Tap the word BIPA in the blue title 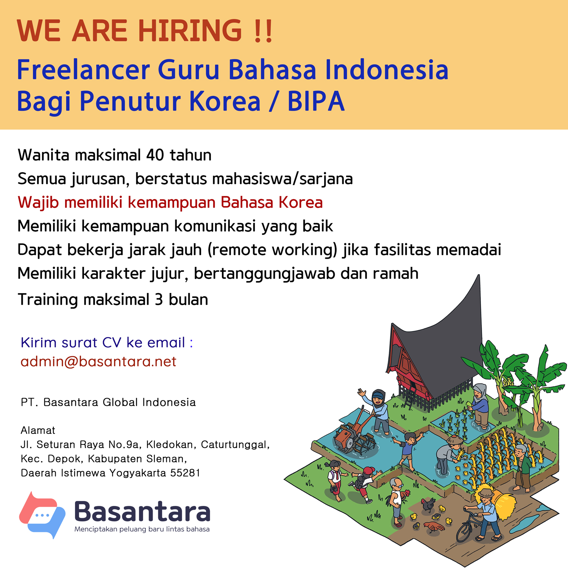(316, 101)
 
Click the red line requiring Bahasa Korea (170, 203)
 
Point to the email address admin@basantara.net (98, 362)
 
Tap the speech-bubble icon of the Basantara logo (42, 515)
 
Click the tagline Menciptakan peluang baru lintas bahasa (142, 529)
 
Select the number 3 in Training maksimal (159, 300)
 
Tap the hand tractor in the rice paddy (354, 432)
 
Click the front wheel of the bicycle (464, 532)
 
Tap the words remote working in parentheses (272, 250)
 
